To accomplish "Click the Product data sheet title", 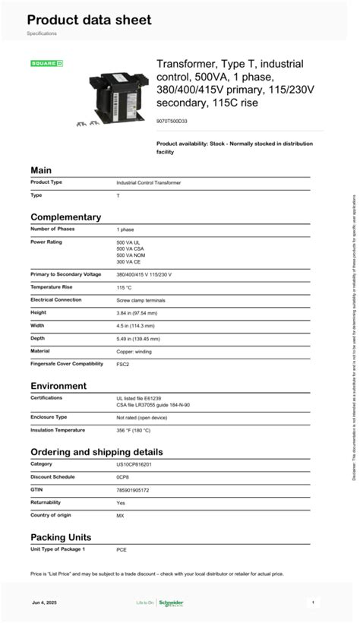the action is (89, 21).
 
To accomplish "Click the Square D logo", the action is (46, 63).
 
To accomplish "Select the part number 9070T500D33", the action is (172, 120).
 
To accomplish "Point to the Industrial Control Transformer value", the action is (148, 182).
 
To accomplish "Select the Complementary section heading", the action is (65, 217).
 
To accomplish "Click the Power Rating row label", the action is (46, 242).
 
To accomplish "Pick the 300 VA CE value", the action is (128, 261).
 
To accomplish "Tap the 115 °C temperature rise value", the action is (124, 287).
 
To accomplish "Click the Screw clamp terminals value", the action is (141, 300).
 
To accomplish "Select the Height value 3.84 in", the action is (137, 312).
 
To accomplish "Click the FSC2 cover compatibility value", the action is (122, 364).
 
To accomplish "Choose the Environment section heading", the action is (58, 386).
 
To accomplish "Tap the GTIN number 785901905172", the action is (132, 490).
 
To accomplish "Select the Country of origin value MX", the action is (120, 515).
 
